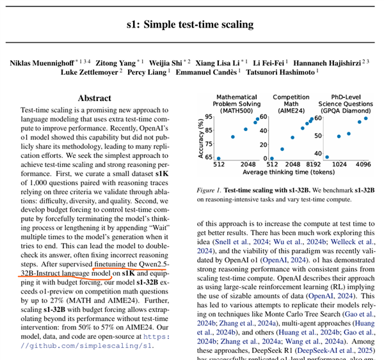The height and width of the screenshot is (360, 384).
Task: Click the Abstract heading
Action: (94, 98)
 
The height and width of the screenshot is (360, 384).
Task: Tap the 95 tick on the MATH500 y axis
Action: (209, 117)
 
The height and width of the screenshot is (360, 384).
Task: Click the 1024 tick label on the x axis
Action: (339, 164)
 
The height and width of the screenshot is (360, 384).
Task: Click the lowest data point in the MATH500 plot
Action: (218, 158)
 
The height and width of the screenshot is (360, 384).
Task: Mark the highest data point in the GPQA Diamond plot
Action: (365, 118)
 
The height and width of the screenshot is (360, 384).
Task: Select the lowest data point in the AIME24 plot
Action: (272, 158)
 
